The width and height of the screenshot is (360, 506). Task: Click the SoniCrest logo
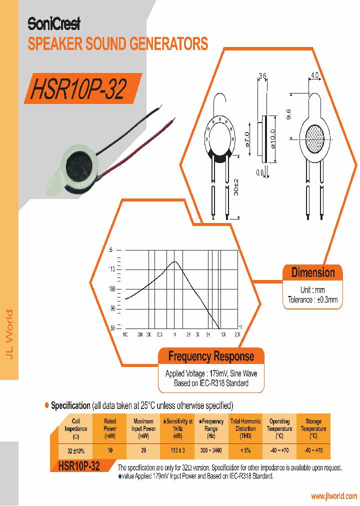[53, 23]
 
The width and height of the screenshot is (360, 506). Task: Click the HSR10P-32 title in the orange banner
[78, 88]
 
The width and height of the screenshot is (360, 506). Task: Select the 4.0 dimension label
[314, 74]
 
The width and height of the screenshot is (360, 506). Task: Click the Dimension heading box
[313, 272]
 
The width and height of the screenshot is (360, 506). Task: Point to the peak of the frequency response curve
[174, 261]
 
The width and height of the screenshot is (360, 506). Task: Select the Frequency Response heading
[211, 356]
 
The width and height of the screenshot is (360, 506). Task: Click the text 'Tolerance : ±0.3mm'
[313, 300]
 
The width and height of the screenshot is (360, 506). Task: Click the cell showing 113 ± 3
[177, 450]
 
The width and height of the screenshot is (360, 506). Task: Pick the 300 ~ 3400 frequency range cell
[211, 450]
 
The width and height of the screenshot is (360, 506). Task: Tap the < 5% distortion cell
[245, 450]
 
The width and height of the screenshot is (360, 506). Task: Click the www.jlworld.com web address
[334, 496]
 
